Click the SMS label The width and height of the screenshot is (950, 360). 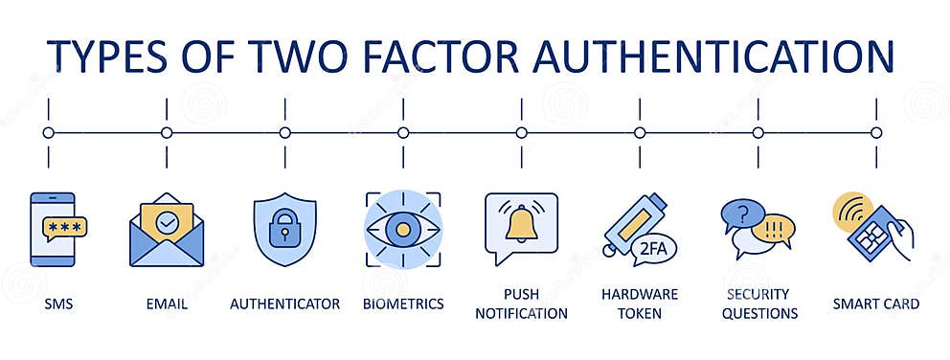point(58,304)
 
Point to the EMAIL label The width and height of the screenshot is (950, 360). point(167,304)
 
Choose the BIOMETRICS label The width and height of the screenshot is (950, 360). point(403,304)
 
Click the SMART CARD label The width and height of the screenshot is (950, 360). point(875,304)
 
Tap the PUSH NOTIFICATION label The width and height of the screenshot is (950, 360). point(521,304)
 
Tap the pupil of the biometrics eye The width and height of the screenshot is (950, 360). point(403,230)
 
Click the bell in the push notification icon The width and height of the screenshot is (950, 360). point(521,224)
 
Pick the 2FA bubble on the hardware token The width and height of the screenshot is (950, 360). point(653,249)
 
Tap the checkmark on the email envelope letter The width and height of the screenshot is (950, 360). point(167,222)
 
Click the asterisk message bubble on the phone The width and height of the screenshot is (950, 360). point(64,230)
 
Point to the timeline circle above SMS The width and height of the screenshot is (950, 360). point(49,133)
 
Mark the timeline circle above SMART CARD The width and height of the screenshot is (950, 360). point(875,133)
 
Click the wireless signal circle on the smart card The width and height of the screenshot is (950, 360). point(849,211)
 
